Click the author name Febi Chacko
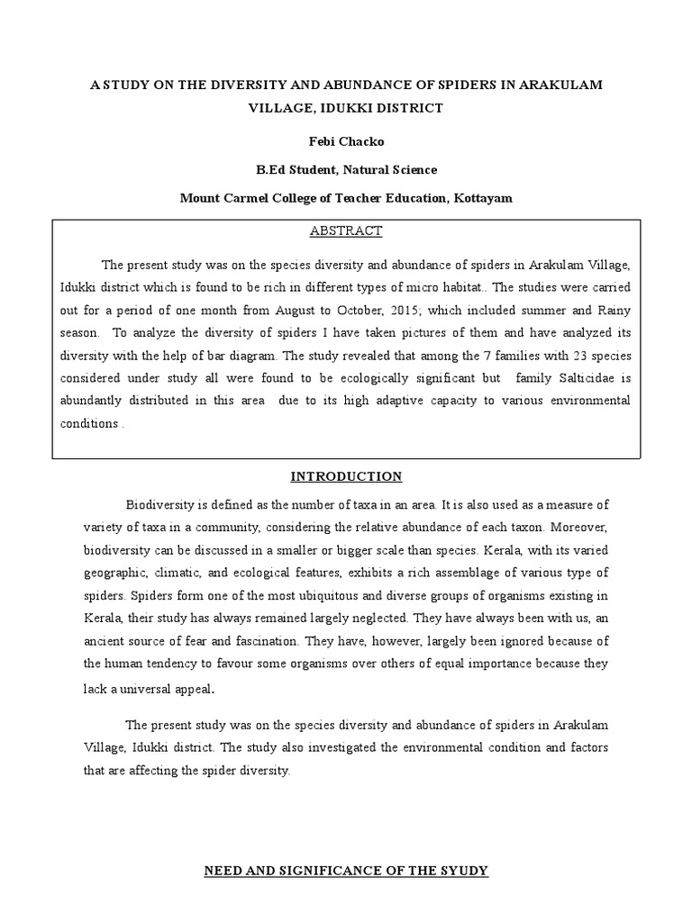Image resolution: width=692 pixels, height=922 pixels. point(346,140)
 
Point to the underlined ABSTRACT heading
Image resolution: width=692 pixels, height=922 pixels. point(346,231)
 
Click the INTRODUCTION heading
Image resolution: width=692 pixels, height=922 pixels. point(345,476)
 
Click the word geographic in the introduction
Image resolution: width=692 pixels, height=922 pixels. point(114,573)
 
